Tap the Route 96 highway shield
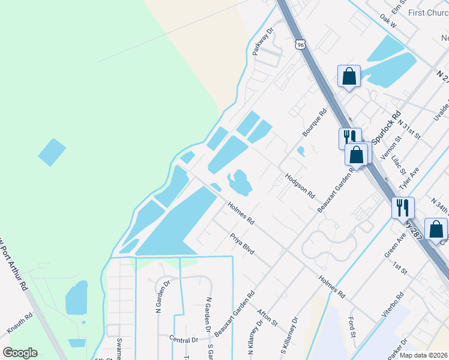tap(301, 44)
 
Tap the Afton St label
tap(267, 317)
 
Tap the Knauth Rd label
tap(20, 323)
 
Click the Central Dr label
tap(184, 340)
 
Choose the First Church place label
tap(424, 13)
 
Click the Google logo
tap(20, 353)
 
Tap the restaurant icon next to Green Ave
tap(402, 208)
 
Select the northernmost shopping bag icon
tap(349, 76)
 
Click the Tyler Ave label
tap(411, 178)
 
